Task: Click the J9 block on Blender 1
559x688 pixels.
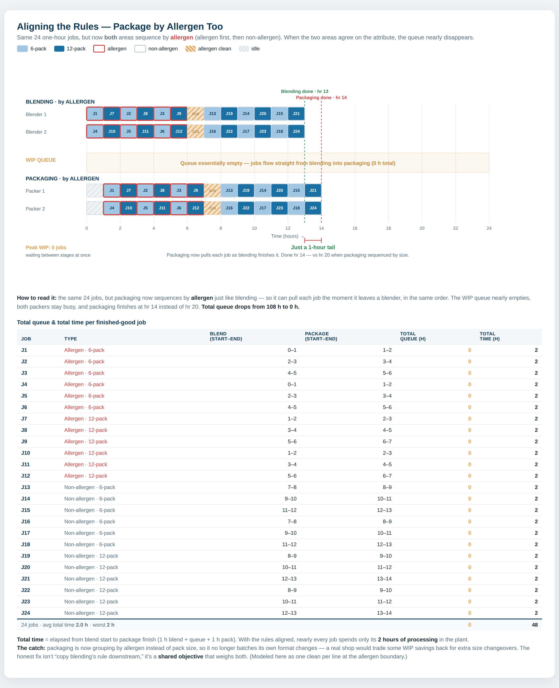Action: coord(179,114)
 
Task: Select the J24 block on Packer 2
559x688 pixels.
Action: coord(313,208)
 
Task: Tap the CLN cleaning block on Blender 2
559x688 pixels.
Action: coord(195,131)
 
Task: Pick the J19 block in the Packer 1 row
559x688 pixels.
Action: coord(246,190)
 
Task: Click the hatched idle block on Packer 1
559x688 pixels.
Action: coord(95,190)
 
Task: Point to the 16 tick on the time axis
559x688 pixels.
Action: coord(355,228)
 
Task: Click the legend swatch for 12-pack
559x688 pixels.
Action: coord(59,49)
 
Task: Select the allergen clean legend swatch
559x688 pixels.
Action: coord(191,49)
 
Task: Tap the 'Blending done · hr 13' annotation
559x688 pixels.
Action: coord(305,91)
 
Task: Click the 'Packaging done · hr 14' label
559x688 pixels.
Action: coord(321,98)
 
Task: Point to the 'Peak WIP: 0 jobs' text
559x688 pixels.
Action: coord(46,248)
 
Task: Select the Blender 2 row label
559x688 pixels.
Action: coord(36,132)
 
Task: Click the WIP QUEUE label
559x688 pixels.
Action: coord(41,160)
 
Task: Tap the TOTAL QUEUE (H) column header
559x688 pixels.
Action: coord(413,336)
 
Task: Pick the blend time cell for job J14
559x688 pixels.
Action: coord(291,499)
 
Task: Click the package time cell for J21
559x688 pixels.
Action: coord(385,579)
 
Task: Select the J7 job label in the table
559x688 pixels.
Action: coord(24,419)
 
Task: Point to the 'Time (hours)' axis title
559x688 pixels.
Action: coord(285,236)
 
